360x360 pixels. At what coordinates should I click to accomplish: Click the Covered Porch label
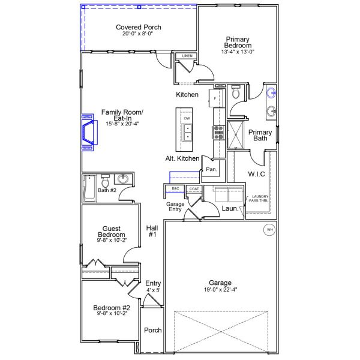pos(138,27)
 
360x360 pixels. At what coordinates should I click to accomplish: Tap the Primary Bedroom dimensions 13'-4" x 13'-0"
pos(238,52)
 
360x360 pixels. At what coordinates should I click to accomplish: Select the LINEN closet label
pos(187,56)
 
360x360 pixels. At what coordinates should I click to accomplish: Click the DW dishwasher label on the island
pos(187,119)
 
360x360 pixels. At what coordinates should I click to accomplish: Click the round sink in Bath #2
pos(123,179)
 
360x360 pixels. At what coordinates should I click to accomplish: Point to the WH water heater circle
pos(269,230)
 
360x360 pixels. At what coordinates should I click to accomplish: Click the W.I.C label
pos(257,174)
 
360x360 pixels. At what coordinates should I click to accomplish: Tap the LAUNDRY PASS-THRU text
pos(260,199)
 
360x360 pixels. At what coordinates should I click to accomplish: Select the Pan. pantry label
pos(211,169)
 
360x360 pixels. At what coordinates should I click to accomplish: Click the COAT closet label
pos(193,189)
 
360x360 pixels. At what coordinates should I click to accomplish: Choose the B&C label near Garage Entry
pos(175,189)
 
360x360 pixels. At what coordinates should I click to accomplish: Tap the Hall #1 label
pos(151,231)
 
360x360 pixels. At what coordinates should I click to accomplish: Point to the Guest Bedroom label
pos(112,231)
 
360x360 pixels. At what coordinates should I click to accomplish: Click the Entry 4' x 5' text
pos(153,286)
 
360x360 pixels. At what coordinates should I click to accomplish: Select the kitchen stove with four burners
pos(217,132)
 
